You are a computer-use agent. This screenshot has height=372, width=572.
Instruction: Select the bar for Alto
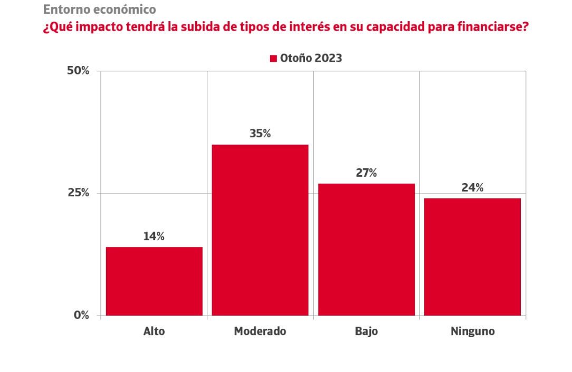154,281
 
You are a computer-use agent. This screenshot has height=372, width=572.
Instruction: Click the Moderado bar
260,230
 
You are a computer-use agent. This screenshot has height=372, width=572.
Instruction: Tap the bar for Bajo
366,250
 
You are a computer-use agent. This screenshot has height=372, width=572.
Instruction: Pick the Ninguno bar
472,257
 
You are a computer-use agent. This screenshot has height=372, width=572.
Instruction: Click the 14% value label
154,236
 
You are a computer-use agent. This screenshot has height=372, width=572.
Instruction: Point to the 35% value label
260,133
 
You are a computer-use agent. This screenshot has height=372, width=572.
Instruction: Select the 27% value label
366,173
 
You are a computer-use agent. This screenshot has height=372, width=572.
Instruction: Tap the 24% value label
472,187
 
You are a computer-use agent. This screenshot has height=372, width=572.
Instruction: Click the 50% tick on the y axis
78,71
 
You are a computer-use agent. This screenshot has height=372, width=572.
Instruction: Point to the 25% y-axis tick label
78,193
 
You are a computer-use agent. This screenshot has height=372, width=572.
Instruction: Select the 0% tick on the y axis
81,316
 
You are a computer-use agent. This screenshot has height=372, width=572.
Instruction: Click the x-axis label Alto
154,332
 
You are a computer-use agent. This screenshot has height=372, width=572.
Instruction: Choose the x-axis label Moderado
260,332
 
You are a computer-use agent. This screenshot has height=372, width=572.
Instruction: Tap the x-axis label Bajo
366,332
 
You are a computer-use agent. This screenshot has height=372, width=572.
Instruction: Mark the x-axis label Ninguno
473,332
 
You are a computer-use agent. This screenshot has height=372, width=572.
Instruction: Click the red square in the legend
273,59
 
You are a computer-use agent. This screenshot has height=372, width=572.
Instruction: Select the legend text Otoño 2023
311,59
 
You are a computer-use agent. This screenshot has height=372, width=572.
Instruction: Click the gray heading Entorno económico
99,9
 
